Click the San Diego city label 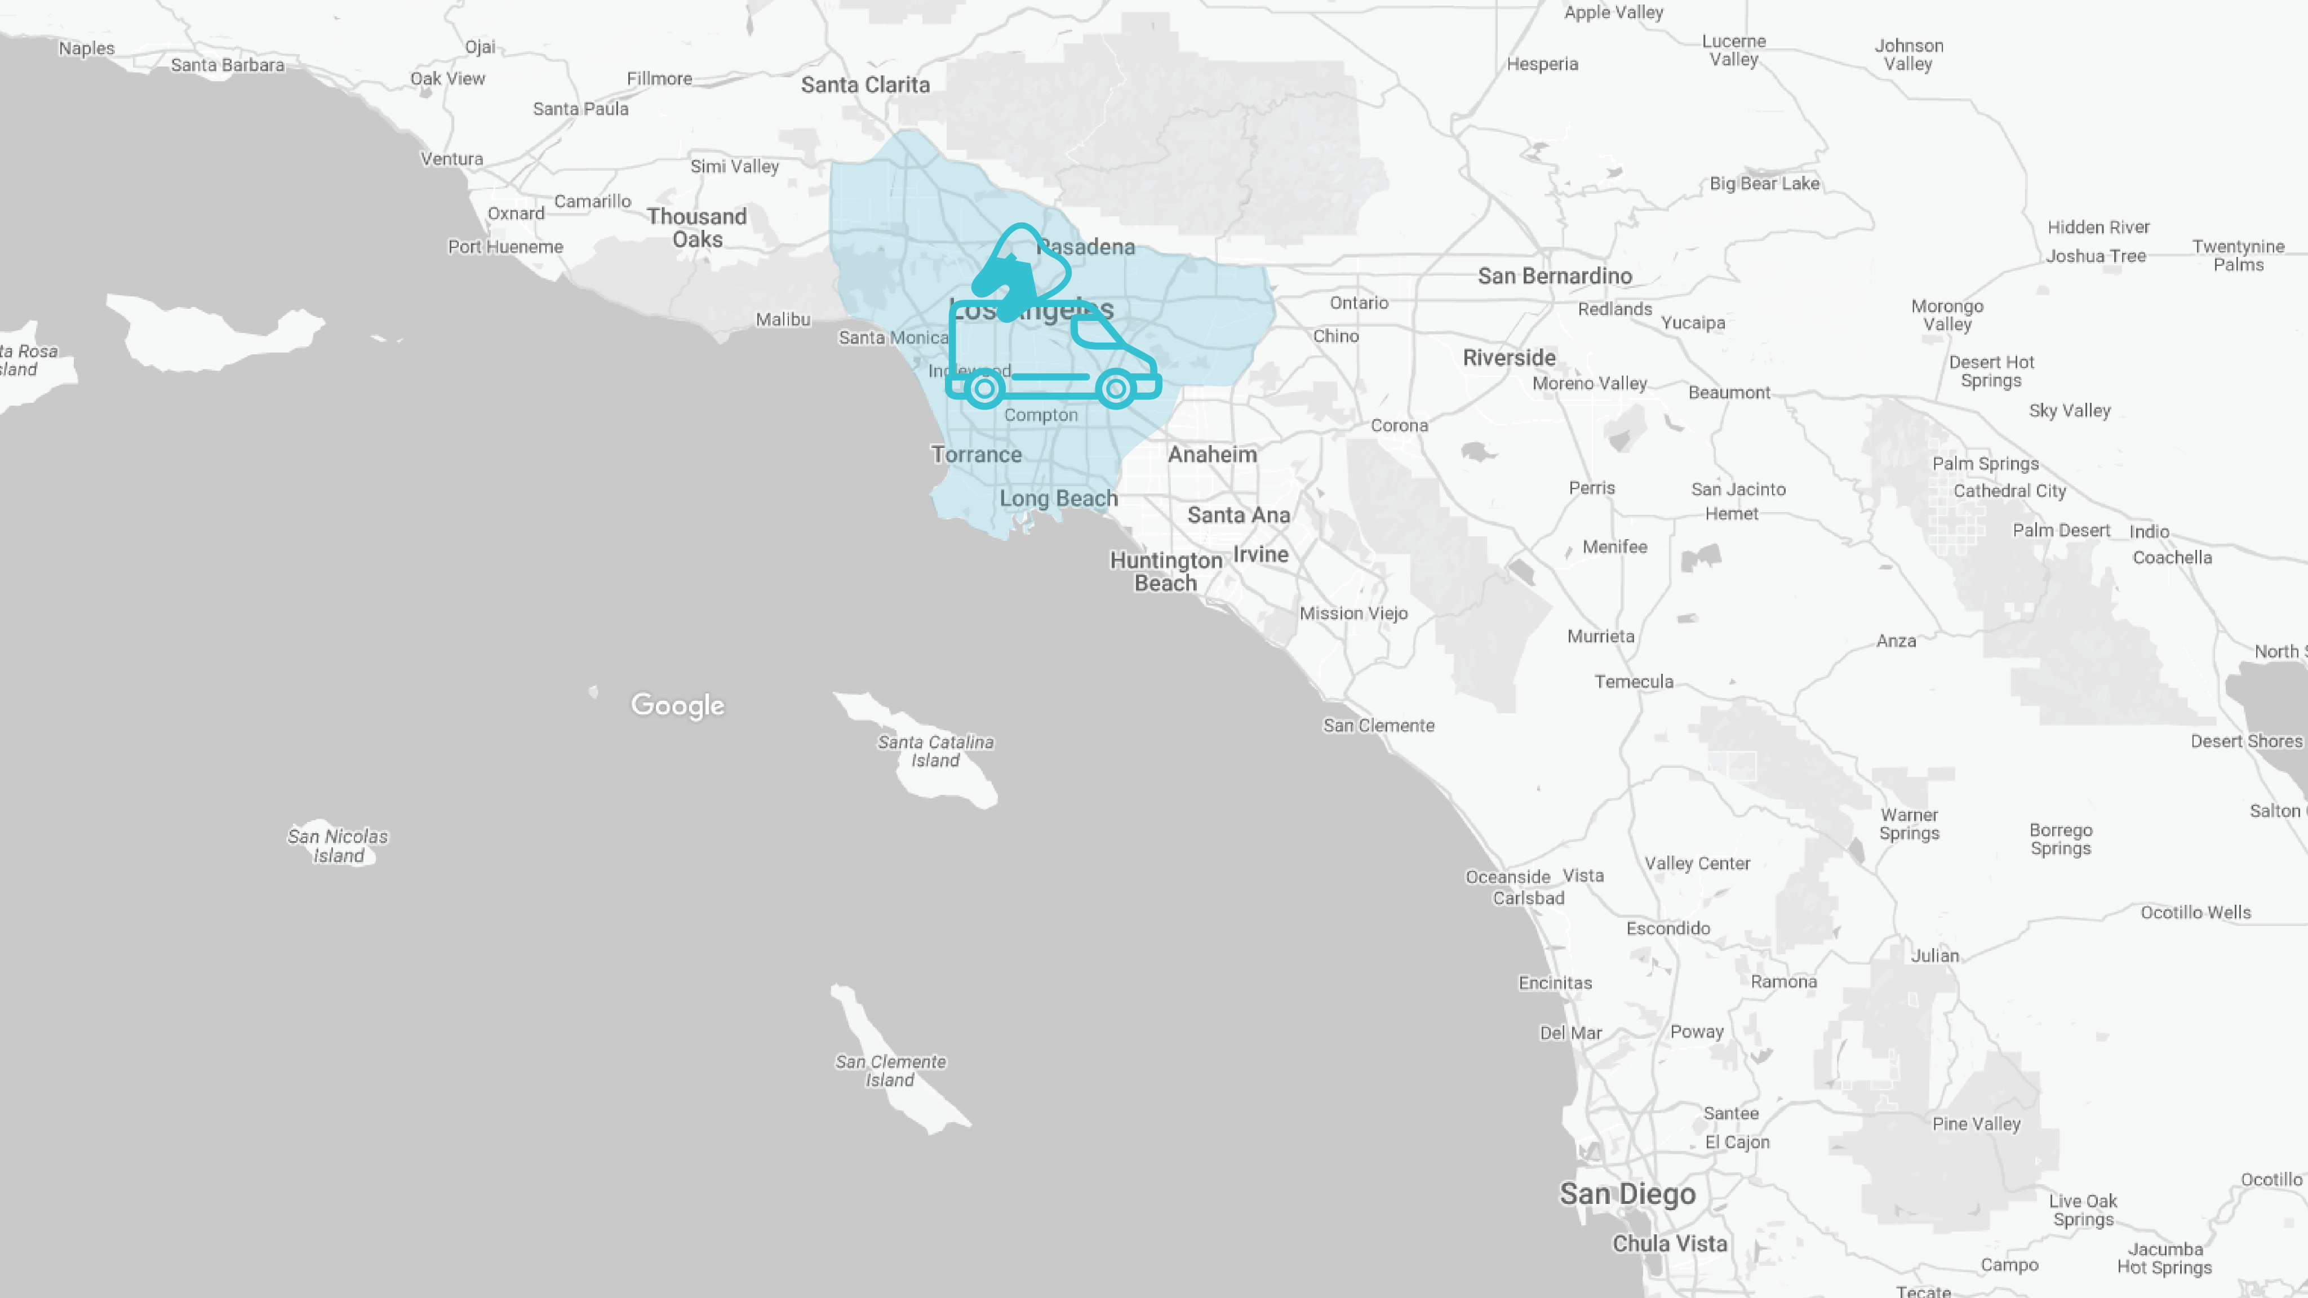(1627, 1194)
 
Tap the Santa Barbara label (228, 64)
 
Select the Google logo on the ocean (677, 705)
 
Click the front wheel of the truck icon (1116, 389)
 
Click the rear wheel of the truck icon (984, 389)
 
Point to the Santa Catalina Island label (935, 750)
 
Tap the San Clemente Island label (891, 1070)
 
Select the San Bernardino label (1555, 276)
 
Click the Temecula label (1634, 682)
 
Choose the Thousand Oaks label (697, 228)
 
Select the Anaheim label (1212, 454)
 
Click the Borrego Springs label (2061, 839)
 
